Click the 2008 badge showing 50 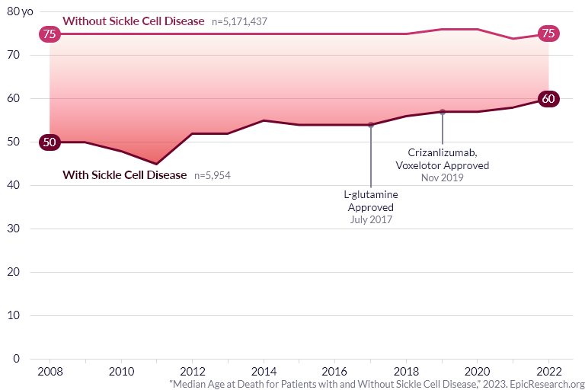[x=50, y=142]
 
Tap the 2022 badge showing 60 [x=548, y=99]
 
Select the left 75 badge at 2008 [x=50, y=34]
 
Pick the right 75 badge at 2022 [x=548, y=34]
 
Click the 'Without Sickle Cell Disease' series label [x=133, y=21]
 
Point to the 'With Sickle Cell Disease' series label [x=124, y=175]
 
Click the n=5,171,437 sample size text [x=245, y=21]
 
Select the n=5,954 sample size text [x=213, y=176]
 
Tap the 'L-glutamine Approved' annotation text [x=371, y=200]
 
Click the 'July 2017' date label [x=371, y=219]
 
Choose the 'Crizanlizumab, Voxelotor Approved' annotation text [x=443, y=158]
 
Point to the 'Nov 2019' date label [x=443, y=177]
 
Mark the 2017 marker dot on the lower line [x=371, y=125]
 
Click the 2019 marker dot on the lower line [x=443, y=112]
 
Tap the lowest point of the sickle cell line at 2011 [x=157, y=164]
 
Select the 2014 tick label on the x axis [x=264, y=371]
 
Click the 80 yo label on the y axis [x=22, y=11]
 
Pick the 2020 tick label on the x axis [x=478, y=371]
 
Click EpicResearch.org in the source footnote [x=546, y=385]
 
